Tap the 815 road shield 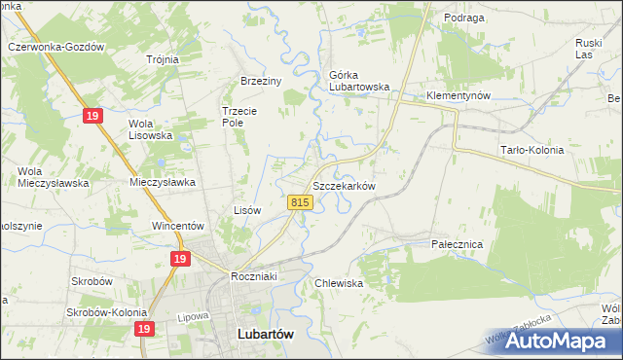tap(300, 202)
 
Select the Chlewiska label tap(338, 283)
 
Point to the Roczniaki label tap(255, 276)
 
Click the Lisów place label tap(247, 209)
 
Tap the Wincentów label tap(176, 226)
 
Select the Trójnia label tap(163, 59)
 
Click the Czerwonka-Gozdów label tap(55, 47)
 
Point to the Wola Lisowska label tap(151, 129)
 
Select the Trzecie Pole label tap(238, 117)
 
